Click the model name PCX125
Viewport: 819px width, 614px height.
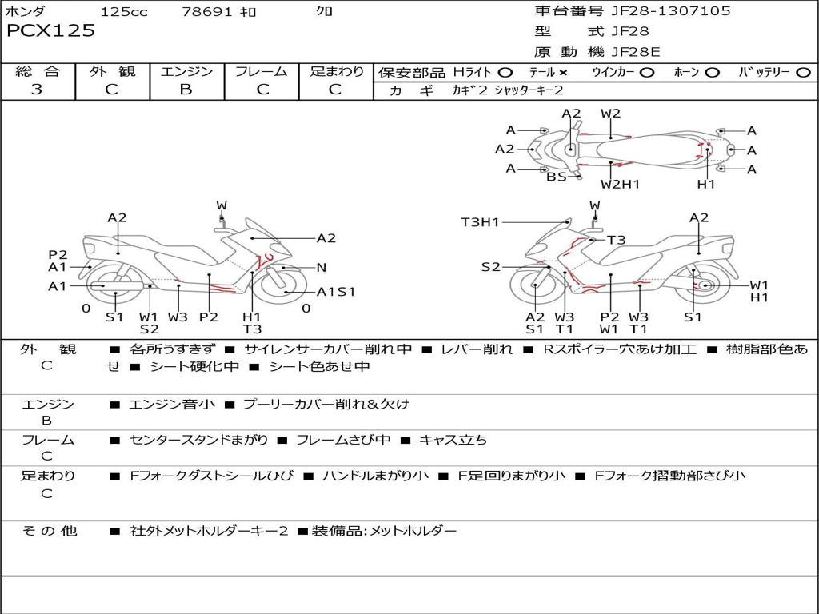[51, 31]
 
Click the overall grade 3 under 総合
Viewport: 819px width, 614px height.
[37, 90]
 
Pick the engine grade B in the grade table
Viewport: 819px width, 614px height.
[186, 90]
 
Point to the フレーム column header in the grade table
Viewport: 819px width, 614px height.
[262, 71]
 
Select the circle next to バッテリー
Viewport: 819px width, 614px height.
[803, 72]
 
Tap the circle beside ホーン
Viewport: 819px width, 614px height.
[712, 72]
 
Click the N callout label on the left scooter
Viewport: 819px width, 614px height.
[322, 267]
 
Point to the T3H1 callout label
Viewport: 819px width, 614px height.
[480, 222]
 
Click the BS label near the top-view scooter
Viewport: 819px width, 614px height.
[557, 177]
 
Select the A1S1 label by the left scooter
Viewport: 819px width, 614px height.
[336, 292]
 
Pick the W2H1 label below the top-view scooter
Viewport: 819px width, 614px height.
[621, 185]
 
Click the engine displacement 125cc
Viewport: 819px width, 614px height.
[124, 11]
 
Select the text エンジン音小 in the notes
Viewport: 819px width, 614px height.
[172, 404]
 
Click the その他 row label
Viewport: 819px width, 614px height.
[49, 530]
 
